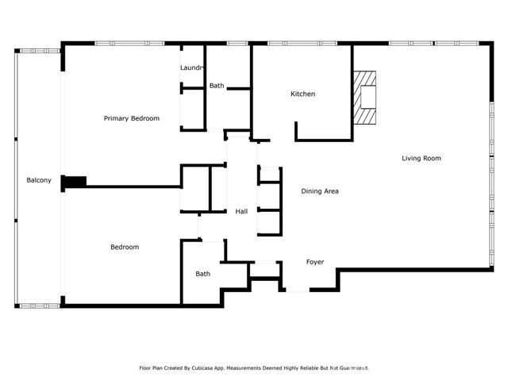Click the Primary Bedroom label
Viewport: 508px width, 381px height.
pos(132,118)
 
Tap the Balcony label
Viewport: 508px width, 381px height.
pos(39,180)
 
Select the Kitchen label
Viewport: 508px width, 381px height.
pos(302,94)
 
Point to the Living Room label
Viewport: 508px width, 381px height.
pos(421,158)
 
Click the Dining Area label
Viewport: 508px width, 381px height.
pos(320,191)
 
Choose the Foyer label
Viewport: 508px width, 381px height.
pos(315,261)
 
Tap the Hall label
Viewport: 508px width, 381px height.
pos(241,211)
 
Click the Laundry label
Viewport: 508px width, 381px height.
pos(193,68)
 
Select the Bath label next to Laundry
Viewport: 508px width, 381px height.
pos(217,86)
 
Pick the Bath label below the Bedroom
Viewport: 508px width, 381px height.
pos(203,274)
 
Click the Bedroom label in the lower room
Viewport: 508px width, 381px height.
pos(124,247)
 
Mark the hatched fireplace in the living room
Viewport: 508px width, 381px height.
pos(366,97)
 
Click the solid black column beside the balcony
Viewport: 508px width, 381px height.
pos(74,182)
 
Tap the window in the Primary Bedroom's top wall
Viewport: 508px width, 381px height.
pos(119,44)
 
